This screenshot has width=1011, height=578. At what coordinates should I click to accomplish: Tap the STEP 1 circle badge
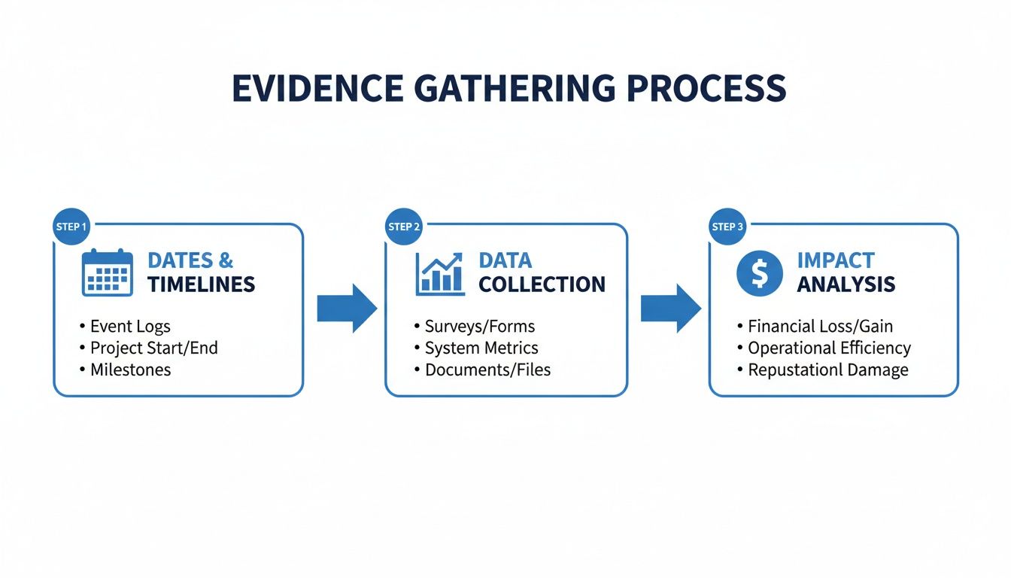(71, 227)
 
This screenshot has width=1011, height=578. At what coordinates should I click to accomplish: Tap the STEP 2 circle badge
(404, 227)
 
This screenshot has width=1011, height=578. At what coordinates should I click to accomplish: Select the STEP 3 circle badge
(727, 227)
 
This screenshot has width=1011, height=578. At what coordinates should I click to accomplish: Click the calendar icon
(107, 272)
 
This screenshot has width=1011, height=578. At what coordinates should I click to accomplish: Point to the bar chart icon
(440, 272)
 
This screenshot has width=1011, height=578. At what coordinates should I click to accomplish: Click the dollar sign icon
(759, 272)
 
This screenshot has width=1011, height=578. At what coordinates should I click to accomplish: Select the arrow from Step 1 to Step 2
(346, 308)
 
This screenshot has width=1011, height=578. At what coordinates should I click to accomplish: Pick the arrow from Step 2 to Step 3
(670, 308)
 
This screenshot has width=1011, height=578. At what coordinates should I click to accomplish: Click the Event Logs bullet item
(129, 327)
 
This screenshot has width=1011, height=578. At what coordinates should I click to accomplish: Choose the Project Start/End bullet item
(153, 348)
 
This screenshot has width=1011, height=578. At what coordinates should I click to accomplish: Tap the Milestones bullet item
(130, 370)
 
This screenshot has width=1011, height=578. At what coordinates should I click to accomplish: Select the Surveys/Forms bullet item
(479, 327)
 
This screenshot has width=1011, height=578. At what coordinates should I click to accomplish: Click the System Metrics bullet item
(481, 348)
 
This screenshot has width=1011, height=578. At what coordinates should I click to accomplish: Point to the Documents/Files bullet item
(487, 370)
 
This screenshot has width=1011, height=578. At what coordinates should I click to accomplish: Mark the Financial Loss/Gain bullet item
(820, 327)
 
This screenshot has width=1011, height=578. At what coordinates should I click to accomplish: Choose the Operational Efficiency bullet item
(829, 348)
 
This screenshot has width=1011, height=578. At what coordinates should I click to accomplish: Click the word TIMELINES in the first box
(201, 284)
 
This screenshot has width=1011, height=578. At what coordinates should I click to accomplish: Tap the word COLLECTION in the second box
(542, 284)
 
